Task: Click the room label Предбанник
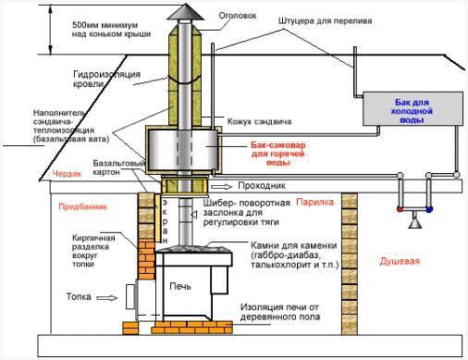[77, 207]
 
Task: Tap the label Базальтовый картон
[118, 169]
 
